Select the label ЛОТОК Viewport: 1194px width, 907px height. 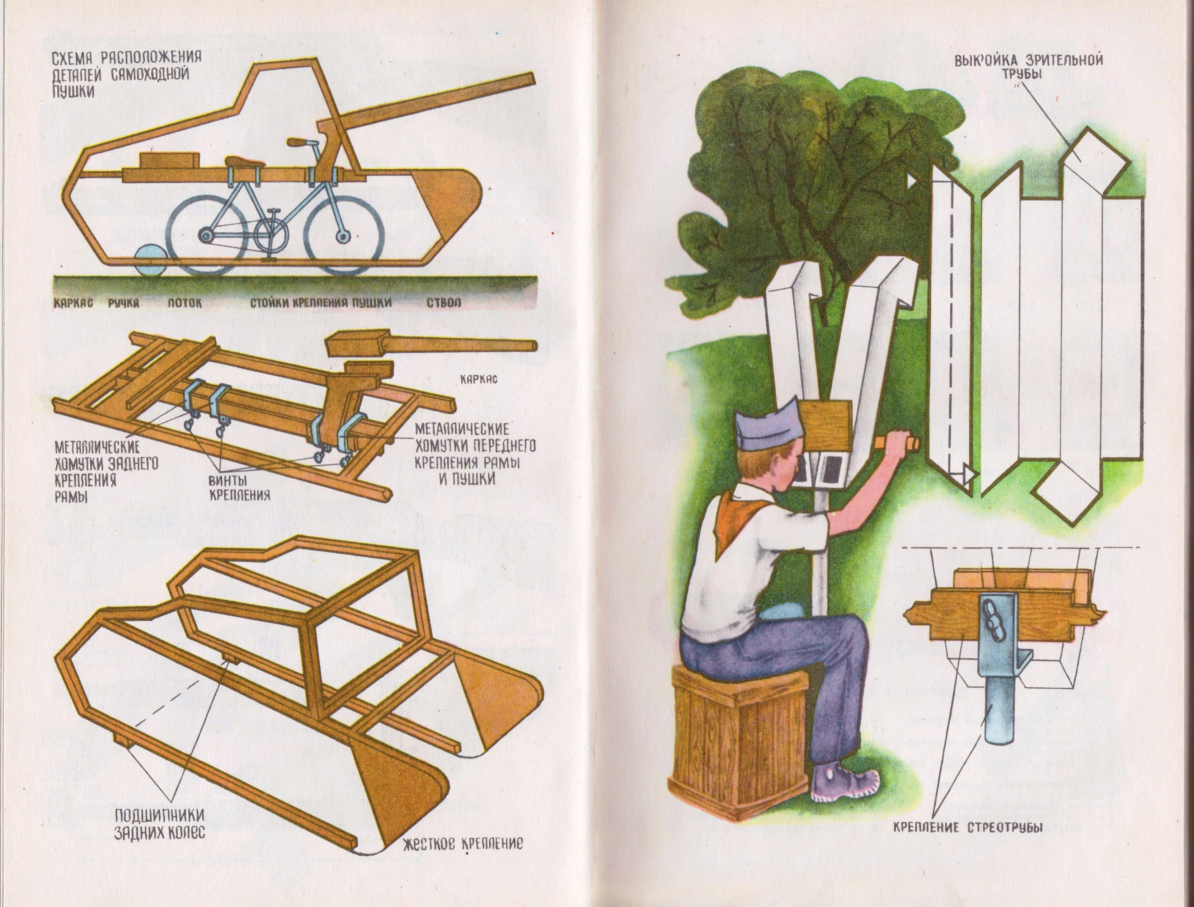(x=184, y=303)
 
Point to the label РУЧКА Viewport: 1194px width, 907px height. (x=124, y=303)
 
